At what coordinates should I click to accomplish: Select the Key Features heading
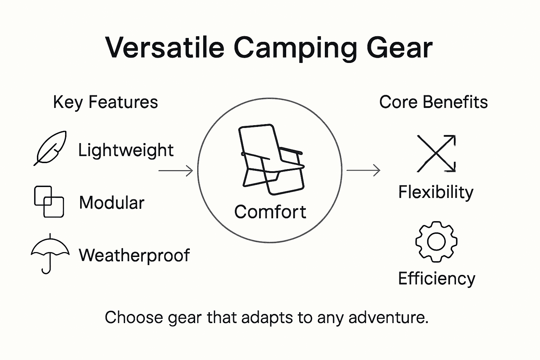click(x=105, y=102)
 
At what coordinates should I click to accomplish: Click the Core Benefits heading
click(x=433, y=102)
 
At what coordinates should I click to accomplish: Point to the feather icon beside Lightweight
click(x=50, y=148)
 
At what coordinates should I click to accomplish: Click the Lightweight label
click(x=126, y=150)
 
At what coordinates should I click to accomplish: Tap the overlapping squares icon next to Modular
click(x=49, y=201)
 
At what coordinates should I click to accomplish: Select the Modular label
click(x=112, y=203)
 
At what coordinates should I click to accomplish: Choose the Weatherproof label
click(x=134, y=255)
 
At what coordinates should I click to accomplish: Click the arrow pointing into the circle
click(x=176, y=171)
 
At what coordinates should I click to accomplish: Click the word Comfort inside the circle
click(x=270, y=212)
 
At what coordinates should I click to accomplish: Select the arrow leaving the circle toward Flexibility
click(x=363, y=171)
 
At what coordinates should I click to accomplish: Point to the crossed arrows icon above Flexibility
click(x=436, y=154)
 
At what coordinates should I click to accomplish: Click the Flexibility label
click(x=436, y=192)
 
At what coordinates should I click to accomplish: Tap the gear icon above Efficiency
click(x=436, y=242)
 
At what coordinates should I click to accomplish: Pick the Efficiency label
click(x=436, y=278)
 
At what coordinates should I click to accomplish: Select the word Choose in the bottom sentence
click(x=134, y=317)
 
